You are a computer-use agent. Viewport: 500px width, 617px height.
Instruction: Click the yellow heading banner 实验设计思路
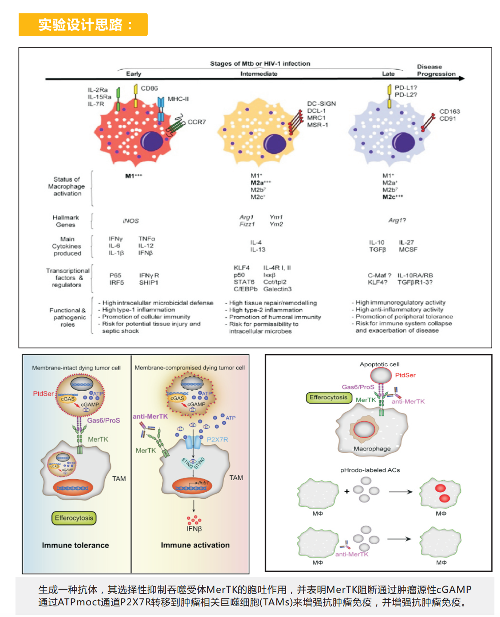(83, 25)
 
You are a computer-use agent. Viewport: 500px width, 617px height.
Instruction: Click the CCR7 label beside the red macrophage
(197, 122)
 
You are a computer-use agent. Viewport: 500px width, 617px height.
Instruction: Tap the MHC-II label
(178, 99)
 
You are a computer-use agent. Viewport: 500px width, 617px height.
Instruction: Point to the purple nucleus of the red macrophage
(152, 140)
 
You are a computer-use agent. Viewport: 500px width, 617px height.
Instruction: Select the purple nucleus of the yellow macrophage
(275, 143)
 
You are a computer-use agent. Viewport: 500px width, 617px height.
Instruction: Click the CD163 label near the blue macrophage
(449, 111)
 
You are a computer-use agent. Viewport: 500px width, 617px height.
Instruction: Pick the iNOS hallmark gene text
(131, 221)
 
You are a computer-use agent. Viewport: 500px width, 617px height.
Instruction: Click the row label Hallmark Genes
(65, 221)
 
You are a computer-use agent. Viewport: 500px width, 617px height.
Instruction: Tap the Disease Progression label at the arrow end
(435, 71)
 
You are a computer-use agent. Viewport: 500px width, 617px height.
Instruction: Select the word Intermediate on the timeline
(259, 74)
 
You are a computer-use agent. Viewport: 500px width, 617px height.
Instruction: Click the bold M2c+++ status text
(392, 197)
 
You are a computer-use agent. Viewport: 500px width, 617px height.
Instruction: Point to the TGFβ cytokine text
(377, 250)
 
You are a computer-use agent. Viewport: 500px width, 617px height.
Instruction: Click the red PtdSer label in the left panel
(43, 394)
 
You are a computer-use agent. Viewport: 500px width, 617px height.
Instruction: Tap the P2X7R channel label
(217, 440)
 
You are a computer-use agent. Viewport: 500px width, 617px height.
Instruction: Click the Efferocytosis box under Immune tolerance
(74, 518)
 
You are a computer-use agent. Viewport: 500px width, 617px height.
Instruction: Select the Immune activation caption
(195, 545)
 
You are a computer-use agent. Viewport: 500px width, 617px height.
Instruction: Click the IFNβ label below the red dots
(194, 529)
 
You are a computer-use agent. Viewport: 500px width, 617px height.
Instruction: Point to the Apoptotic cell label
(380, 364)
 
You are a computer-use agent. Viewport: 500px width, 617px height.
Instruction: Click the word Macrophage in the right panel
(372, 449)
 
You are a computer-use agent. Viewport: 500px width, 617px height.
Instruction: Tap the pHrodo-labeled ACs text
(370, 470)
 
